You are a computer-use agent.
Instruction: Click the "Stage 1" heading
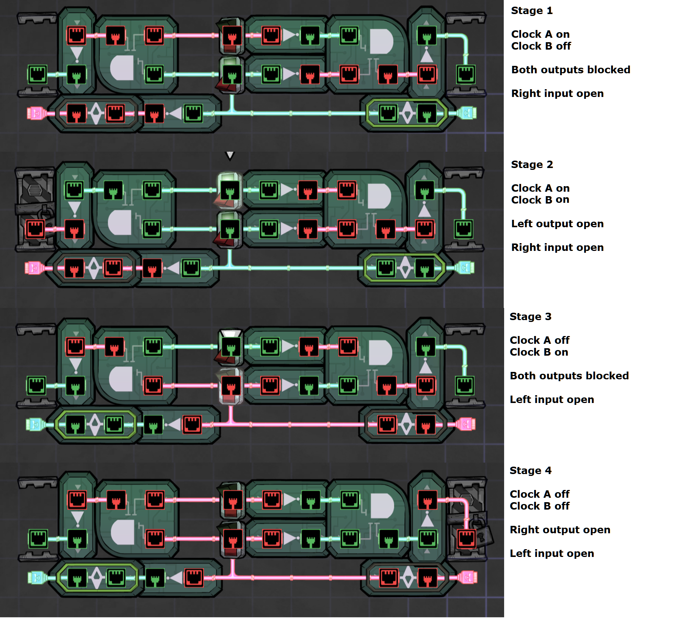(x=532, y=11)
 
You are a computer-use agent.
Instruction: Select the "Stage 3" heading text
(x=530, y=317)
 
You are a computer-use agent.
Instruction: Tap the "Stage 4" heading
(x=530, y=471)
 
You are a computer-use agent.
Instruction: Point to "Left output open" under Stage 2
(x=557, y=224)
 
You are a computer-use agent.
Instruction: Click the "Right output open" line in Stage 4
(x=560, y=530)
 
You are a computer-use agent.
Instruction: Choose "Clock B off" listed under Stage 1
(x=541, y=46)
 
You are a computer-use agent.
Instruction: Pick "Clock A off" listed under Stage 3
(x=539, y=340)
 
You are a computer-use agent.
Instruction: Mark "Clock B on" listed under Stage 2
(x=540, y=200)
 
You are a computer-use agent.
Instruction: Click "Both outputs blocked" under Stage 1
(x=570, y=70)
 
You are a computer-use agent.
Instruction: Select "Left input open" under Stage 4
(x=551, y=554)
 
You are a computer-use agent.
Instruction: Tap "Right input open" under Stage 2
(x=557, y=248)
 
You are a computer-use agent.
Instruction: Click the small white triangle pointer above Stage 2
(x=230, y=155)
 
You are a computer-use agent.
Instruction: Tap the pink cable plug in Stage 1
(x=36, y=113)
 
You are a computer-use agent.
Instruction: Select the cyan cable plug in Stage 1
(x=467, y=113)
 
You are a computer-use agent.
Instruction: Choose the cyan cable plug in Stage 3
(x=34, y=424)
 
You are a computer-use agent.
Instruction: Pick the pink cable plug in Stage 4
(x=467, y=578)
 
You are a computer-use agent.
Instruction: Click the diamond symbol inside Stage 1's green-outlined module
(x=407, y=113)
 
